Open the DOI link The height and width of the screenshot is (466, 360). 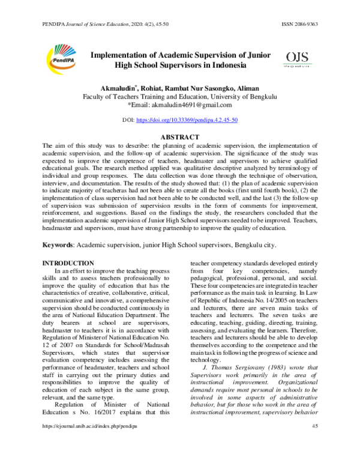(x=187, y=120)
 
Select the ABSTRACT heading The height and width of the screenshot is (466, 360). (x=180, y=137)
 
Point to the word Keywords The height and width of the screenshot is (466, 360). (x=62, y=245)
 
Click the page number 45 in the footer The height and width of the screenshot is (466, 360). (x=315, y=459)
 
